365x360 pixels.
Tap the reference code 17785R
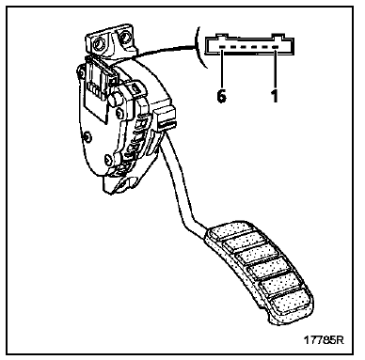(325, 340)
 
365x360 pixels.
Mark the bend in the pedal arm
(192, 221)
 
